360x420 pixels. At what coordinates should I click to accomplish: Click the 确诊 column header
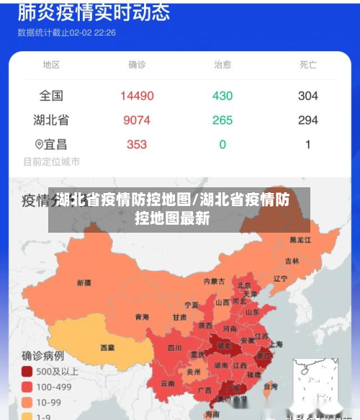tap(137, 65)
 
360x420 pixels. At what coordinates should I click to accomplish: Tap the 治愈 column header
tap(222, 65)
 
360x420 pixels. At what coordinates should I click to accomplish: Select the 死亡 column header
tap(308, 65)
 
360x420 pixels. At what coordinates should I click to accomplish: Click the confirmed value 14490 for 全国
tap(137, 96)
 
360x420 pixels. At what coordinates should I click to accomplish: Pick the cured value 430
tap(222, 96)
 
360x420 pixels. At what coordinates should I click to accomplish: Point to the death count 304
tap(308, 96)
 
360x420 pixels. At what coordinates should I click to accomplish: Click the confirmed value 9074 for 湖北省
tap(137, 120)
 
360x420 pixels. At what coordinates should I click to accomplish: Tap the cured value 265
tap(222, 120)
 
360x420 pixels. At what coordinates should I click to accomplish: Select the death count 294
tap(308, 120)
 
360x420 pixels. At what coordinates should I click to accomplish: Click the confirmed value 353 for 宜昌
tap(137, 144)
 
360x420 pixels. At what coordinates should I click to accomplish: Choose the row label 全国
tap(51, 96)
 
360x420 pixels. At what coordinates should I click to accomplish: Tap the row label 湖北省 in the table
tap(51, 120)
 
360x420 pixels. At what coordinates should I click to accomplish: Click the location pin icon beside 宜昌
tap(39, 144)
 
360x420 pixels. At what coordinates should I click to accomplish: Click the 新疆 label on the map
tap(84, 282)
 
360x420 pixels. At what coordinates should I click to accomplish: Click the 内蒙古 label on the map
tap(214, 281)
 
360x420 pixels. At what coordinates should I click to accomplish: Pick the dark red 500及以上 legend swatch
tap(27, 372)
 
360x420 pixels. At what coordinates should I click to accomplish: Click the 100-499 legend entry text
tap(55, 387)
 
